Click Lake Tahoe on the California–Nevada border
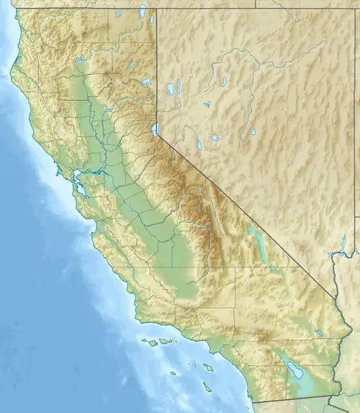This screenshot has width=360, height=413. click(x=154, y=130)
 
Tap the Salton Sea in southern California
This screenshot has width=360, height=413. click(x=294, y=370)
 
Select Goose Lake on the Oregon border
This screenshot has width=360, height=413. click(x=143, y=12)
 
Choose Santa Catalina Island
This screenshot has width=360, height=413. click(x=207, y=368)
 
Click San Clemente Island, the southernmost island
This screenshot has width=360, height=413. click(x=207, y=387)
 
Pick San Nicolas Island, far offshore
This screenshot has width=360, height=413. click(x=173, y=373)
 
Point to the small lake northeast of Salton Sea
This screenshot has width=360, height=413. click(x=318, y=333)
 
